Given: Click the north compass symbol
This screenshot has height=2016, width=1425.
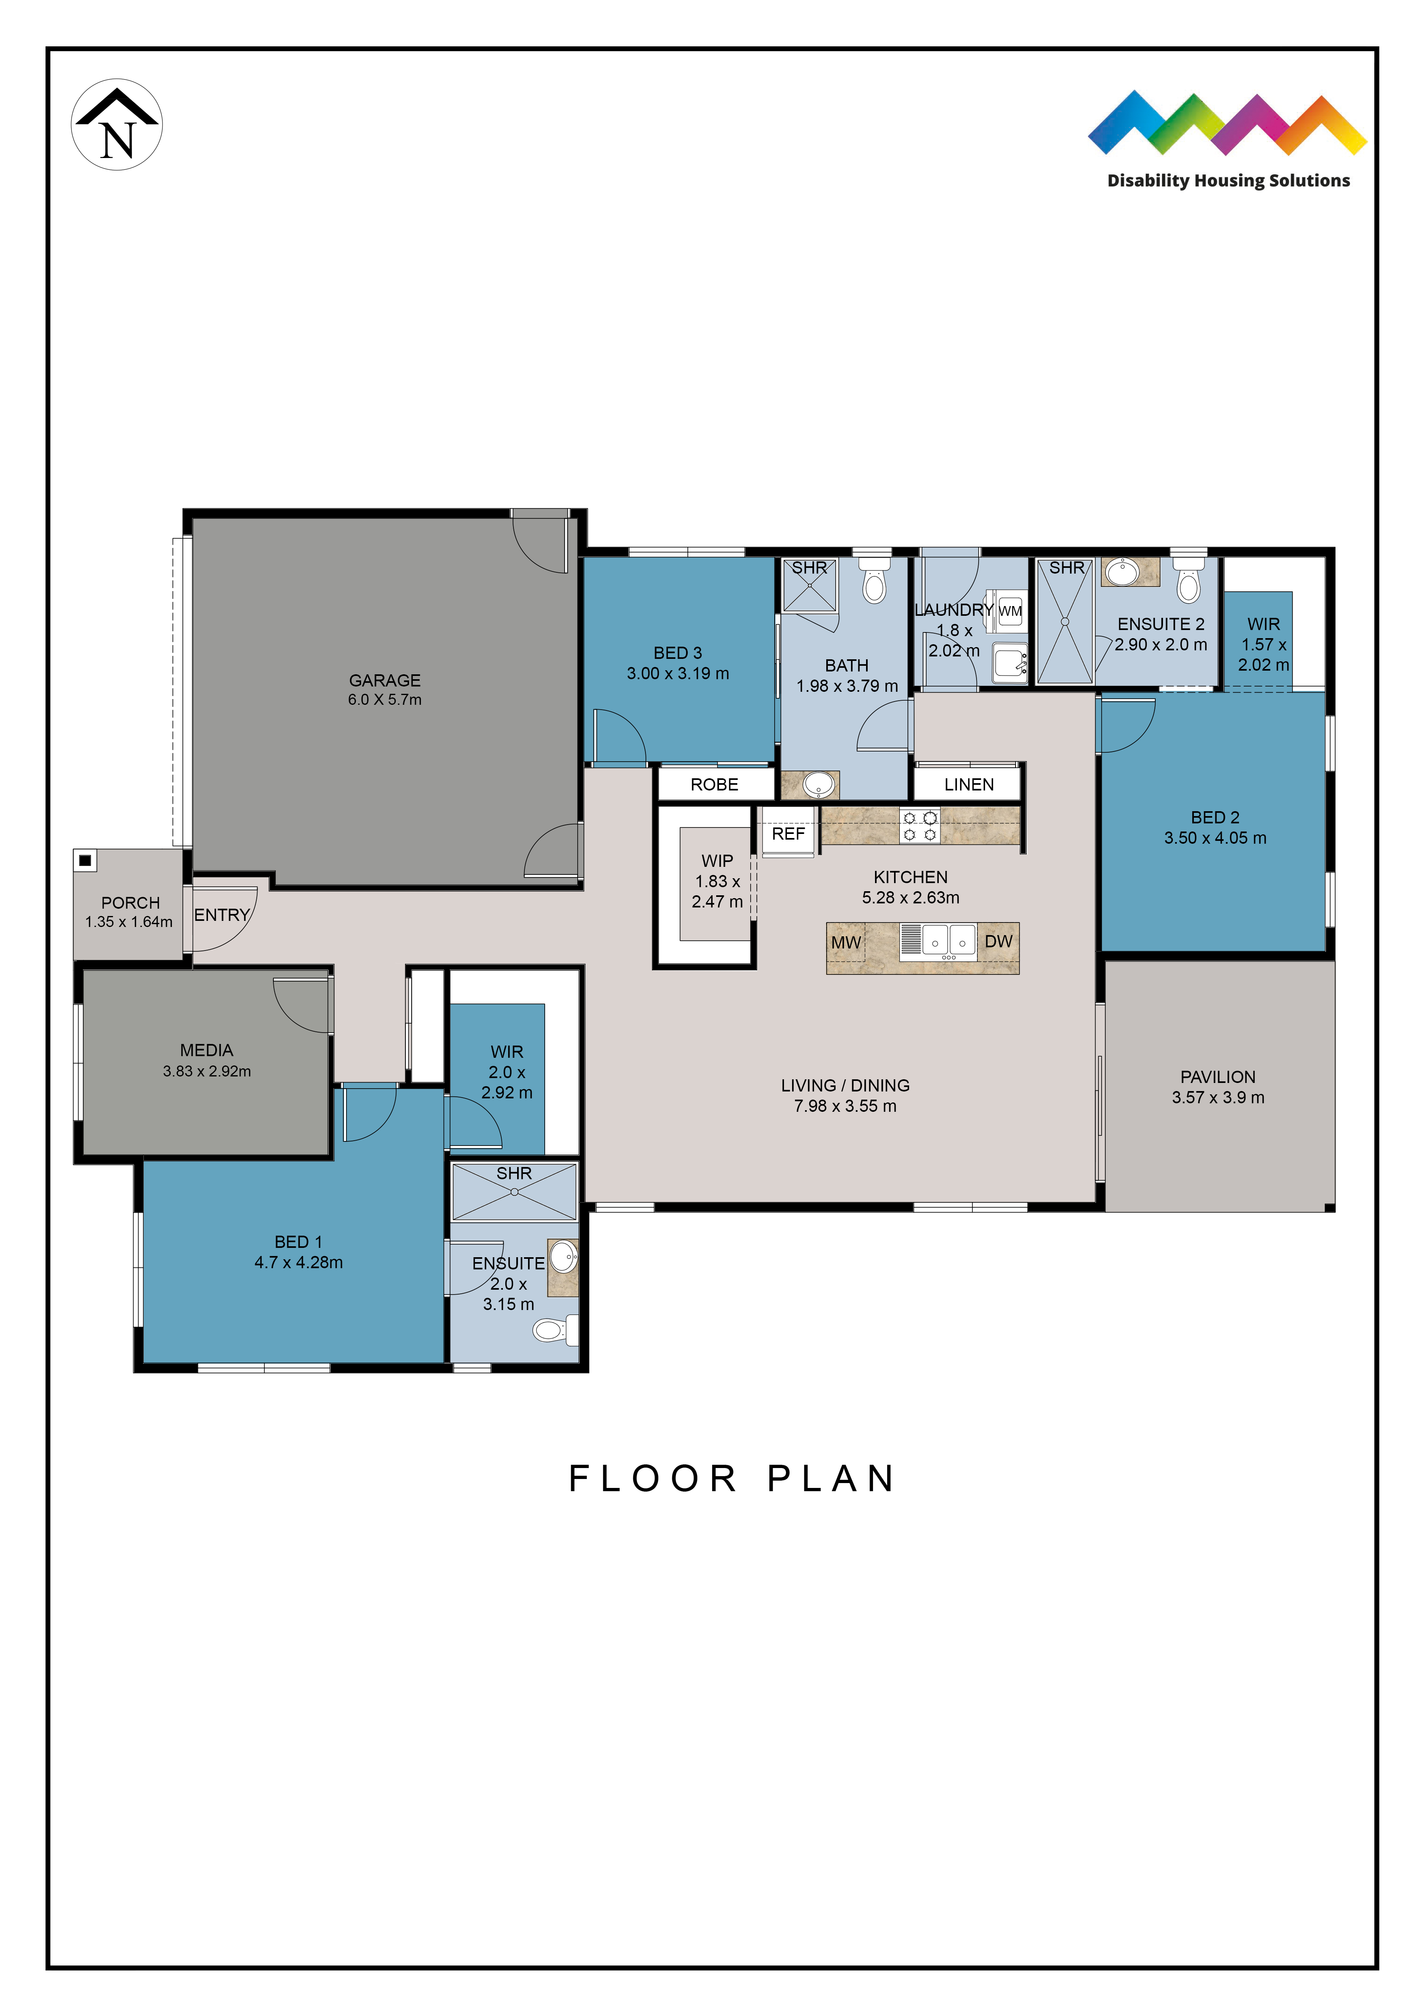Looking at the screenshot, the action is point(117,125).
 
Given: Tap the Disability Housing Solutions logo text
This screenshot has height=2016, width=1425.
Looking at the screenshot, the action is point(1228,181).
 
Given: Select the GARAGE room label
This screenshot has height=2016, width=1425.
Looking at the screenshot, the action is point(385,680).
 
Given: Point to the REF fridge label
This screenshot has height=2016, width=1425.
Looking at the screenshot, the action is point(788,833).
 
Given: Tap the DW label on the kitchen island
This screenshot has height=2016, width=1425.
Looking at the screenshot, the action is point(998,941).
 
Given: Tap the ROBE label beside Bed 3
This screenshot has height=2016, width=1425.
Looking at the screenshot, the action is point(715,784).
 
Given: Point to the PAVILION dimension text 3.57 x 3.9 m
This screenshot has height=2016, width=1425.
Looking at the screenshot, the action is point(1218,1098).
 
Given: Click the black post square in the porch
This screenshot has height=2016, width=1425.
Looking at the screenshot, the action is point(85,860).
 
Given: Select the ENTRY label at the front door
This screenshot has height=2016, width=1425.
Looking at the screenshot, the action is point(222,915).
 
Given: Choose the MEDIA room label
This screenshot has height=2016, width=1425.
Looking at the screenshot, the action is point(206,1050).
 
